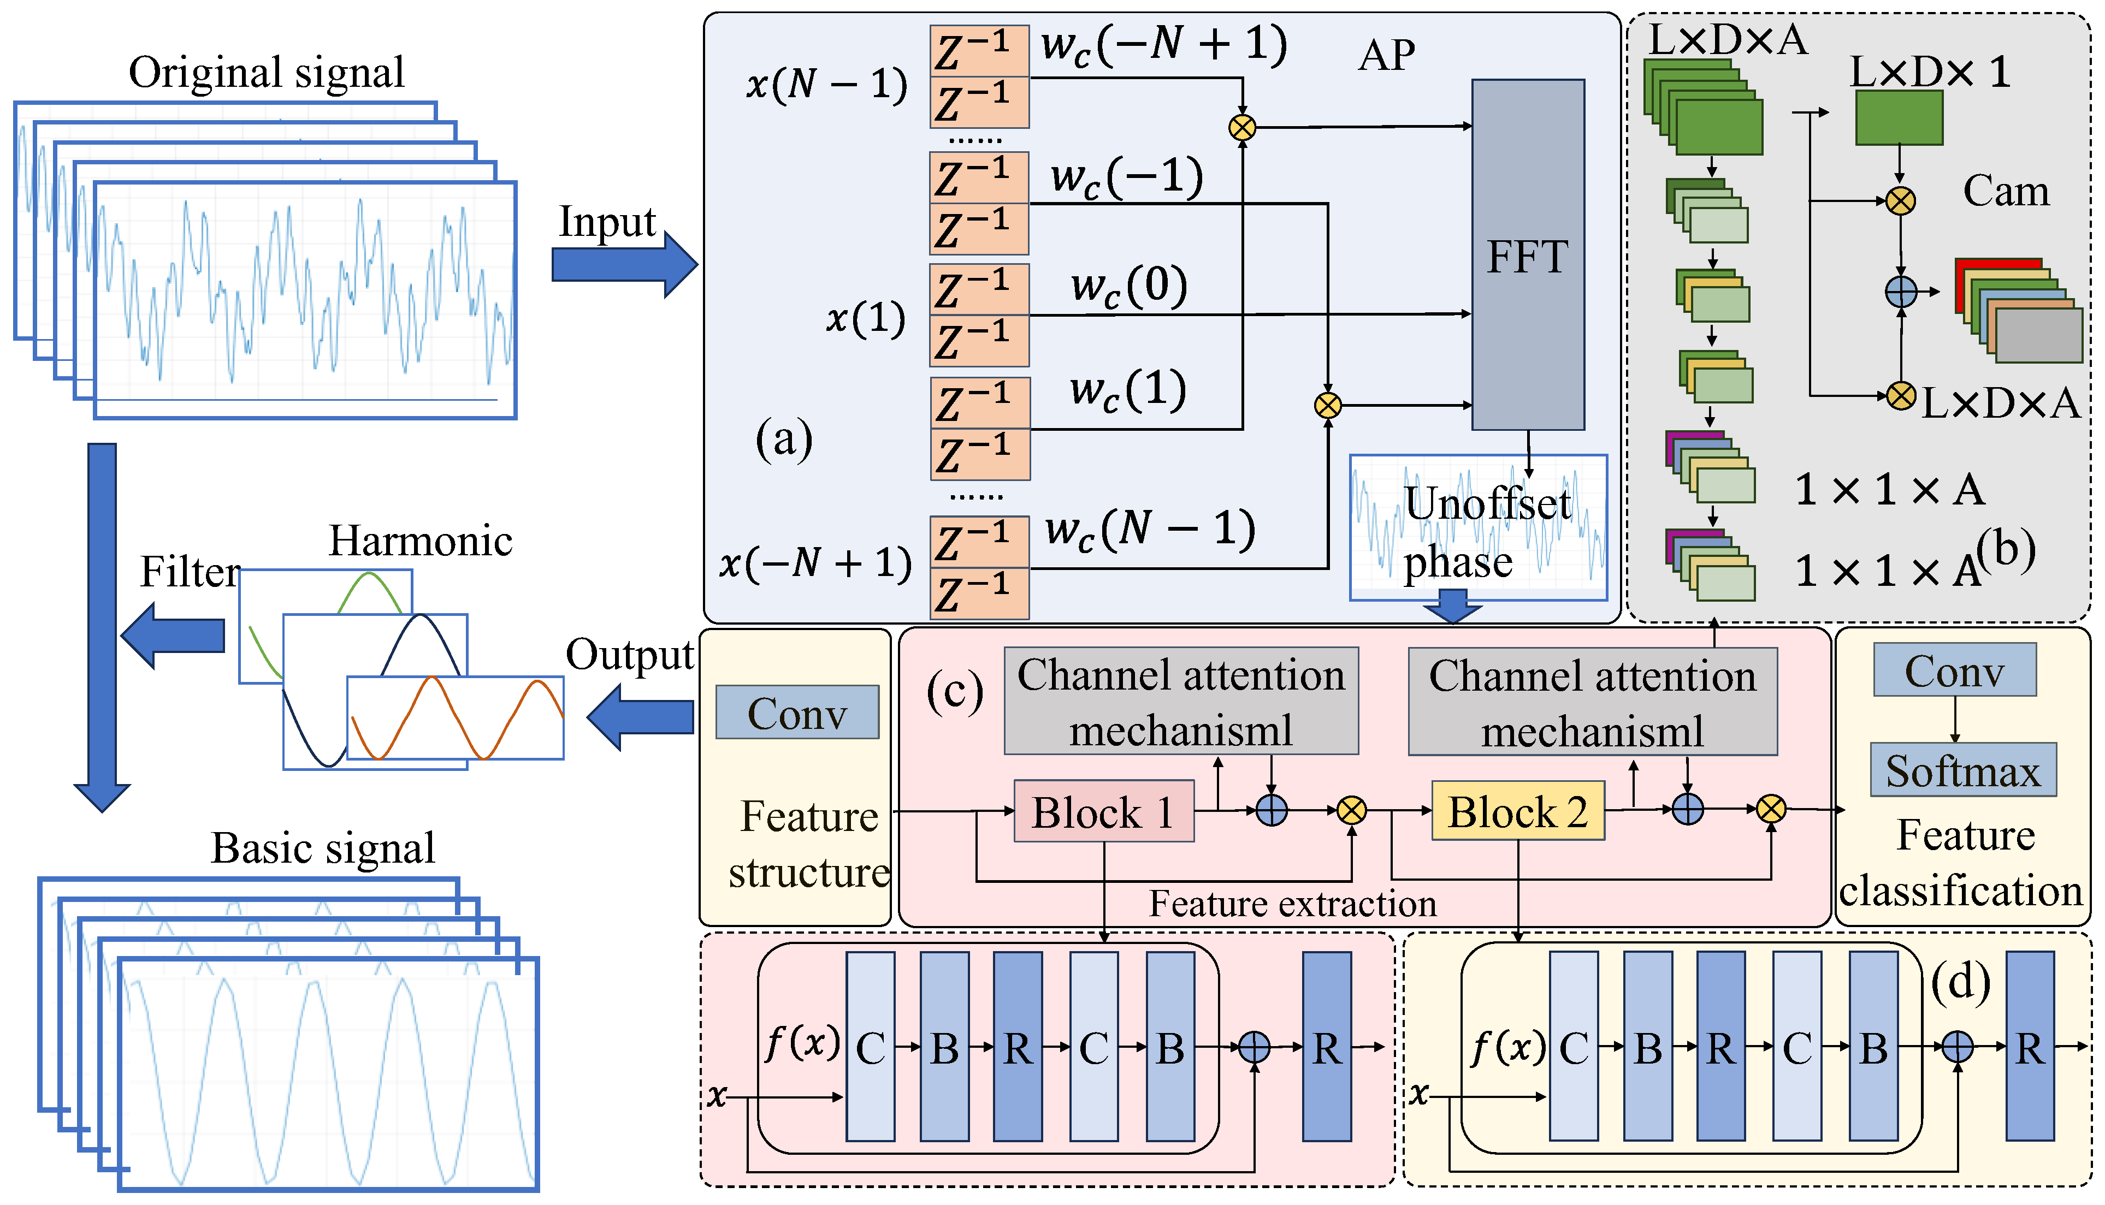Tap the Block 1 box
1103,811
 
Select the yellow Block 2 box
1517,811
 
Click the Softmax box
1962,770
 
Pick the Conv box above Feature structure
796,712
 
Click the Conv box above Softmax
1954,669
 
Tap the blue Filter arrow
173,635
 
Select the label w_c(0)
1129,286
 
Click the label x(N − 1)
826,84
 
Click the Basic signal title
322,847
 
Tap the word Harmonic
421,541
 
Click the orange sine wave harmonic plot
456,717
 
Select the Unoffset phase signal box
1477,527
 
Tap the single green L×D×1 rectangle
1898,117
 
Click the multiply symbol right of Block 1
1351,810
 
